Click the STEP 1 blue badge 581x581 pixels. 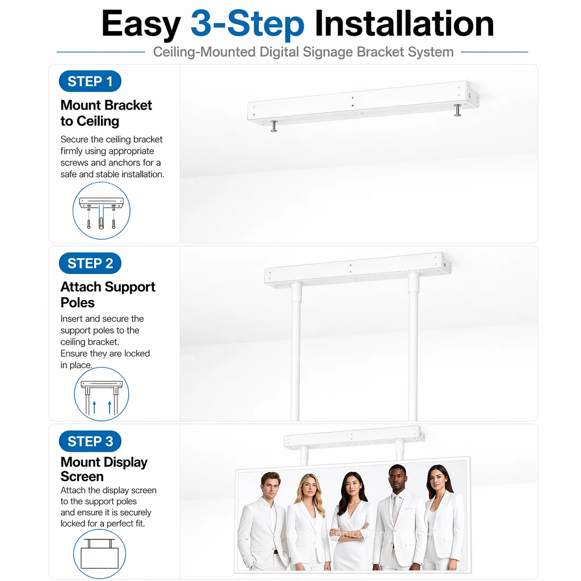tap(90, 81)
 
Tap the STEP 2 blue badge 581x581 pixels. tap(90, 263)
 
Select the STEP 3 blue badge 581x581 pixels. tap(90, 441)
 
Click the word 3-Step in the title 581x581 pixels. tap(247, 24)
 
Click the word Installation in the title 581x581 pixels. tap(404, 23)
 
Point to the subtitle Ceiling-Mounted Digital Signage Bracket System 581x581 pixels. tap(303, 52)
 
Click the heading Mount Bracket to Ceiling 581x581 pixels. tap(106, 113)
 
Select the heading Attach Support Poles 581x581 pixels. tap(108, 294)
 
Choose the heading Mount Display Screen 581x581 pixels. tap(104, 469)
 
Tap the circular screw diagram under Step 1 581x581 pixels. tap(102, 210)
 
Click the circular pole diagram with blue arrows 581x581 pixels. tap(102, 394)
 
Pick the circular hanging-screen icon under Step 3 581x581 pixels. tap(99, 554)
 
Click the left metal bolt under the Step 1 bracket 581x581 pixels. tap(274, 126)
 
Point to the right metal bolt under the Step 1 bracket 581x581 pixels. tap(458, 110)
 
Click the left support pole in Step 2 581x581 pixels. tap(296, 351)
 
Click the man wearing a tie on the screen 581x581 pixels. tap(398, 519)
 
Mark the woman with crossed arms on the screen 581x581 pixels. tap(350, 523)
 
